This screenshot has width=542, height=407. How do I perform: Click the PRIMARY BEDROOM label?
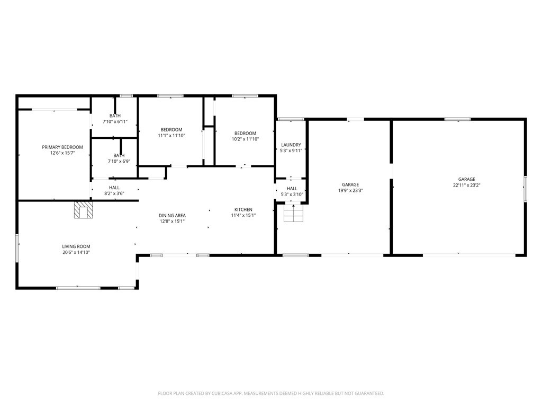click(x=62, y=147)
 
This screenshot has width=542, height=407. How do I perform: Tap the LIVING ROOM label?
click(x=76, y=246)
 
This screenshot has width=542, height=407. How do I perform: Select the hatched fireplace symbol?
click(x=84, y=210)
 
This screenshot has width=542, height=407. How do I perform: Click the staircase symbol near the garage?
click(x=293, y=213)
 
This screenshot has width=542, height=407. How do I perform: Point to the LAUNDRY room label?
click(x=291, y=145)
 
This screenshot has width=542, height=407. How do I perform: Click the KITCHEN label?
click(x=243, y=209)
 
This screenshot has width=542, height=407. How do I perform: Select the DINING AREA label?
click(x=172, y=215)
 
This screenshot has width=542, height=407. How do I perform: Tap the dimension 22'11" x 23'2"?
click(x=467, y=185)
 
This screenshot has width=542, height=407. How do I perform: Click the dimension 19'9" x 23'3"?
click(x=350, y=190)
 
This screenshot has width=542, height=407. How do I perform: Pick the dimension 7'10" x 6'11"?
click(x=115, y=121)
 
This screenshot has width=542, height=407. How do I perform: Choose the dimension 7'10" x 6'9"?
click(x=119, y=161)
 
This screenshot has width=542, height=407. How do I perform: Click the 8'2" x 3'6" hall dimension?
click(x=114, y=193)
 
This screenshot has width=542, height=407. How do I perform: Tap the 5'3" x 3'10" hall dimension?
click(x=292, y=194)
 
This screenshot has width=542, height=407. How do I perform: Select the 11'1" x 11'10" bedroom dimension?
click(x=171, y=136)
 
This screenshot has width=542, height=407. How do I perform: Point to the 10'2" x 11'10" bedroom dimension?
click(x=246, y=139)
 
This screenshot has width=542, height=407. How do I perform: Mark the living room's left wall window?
click(x=16, y=248)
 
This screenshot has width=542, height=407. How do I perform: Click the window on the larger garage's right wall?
click(x=525, y=189)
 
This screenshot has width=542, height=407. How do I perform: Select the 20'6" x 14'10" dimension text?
click(x=76, y=252)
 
